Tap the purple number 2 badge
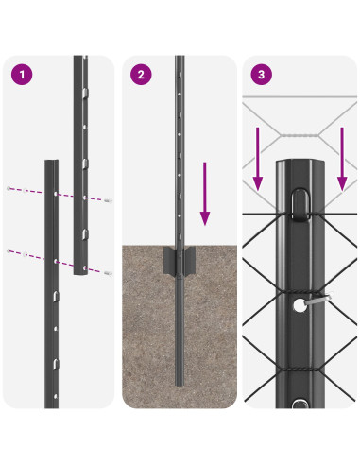(142, 75)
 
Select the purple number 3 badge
(260, 75)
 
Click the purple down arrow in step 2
(203, 194)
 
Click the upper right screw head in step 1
(111, 200)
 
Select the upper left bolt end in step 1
(9, 187)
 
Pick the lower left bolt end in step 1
(9, 250)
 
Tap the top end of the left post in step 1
(52, 162)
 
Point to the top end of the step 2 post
(180, 60)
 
